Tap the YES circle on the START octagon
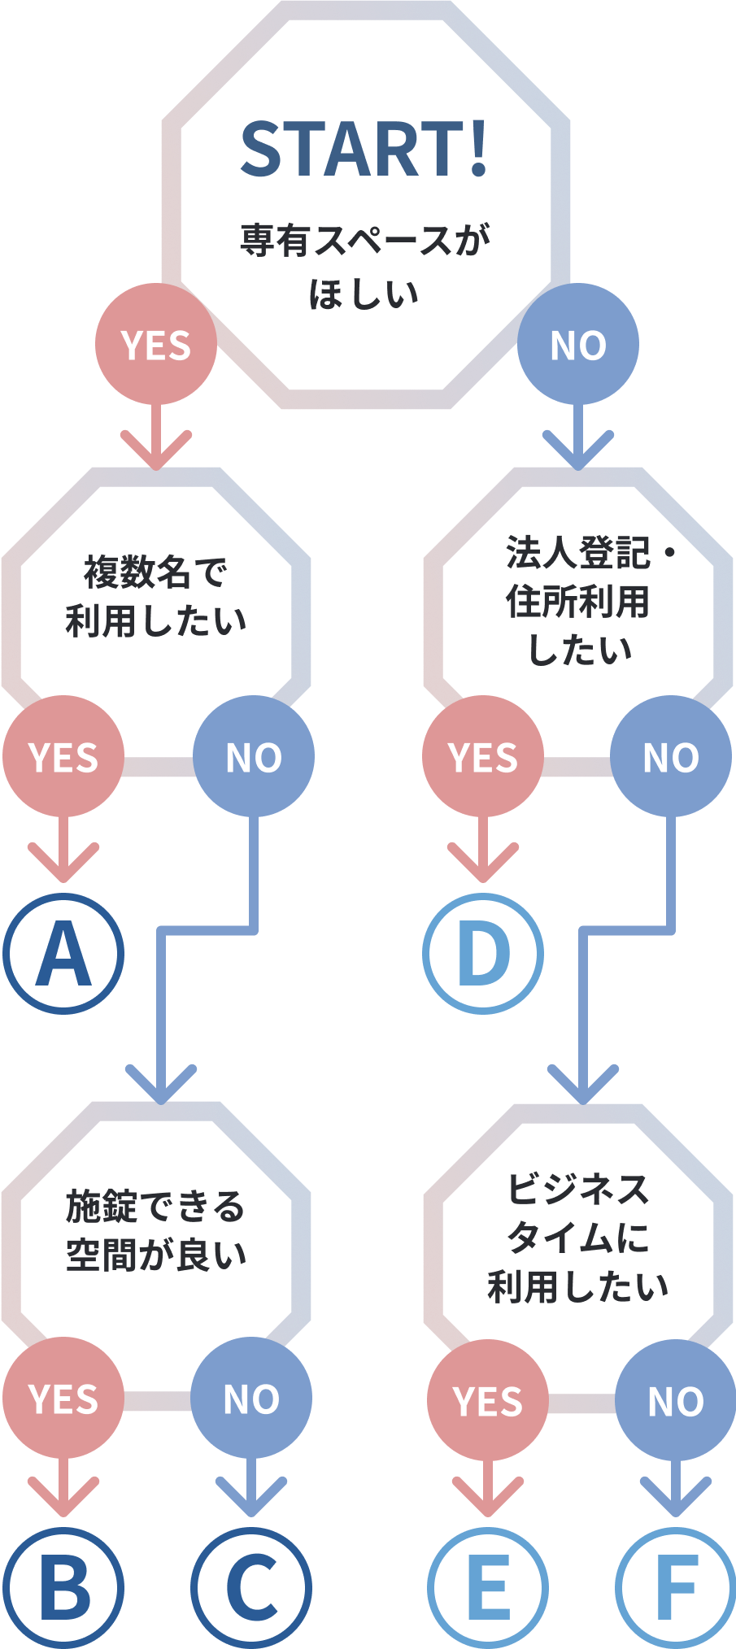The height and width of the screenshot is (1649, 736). point(156,344)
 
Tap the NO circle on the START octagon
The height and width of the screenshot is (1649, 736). point(578,344)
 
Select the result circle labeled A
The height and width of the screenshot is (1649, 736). point(63,953)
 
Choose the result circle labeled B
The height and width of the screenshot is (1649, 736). point(63,1587)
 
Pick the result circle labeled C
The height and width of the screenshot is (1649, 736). point(251,1587)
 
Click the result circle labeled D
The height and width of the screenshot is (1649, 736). point(483,953)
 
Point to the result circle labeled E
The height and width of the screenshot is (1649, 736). point(488,1587)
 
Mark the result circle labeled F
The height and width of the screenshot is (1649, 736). point(675,1587)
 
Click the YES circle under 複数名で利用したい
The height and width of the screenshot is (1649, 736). point(63,756)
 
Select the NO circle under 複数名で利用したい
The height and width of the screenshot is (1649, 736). point(254,756)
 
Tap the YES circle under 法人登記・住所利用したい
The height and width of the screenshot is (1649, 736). point(483,756)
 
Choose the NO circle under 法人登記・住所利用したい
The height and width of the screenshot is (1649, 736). point(671,756)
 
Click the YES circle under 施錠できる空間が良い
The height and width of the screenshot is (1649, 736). point(63,1399)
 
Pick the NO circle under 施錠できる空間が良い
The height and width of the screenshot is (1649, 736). point(251,1399)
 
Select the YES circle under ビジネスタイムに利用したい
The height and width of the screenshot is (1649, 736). point(488,1400)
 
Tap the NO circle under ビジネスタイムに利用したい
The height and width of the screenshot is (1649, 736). point(675,1400)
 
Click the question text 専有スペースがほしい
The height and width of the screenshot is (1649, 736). point(364,267)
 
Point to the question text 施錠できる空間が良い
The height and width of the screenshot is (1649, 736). point(155,1229)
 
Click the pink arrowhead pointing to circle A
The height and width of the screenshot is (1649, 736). point(63,865)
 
